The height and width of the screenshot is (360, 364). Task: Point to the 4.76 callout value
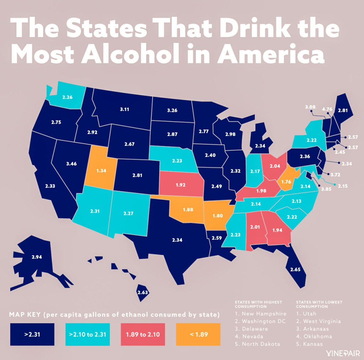(327, 108)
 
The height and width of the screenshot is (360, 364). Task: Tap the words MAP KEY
(26, 315)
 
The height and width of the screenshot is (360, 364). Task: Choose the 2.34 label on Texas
(177, 240)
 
